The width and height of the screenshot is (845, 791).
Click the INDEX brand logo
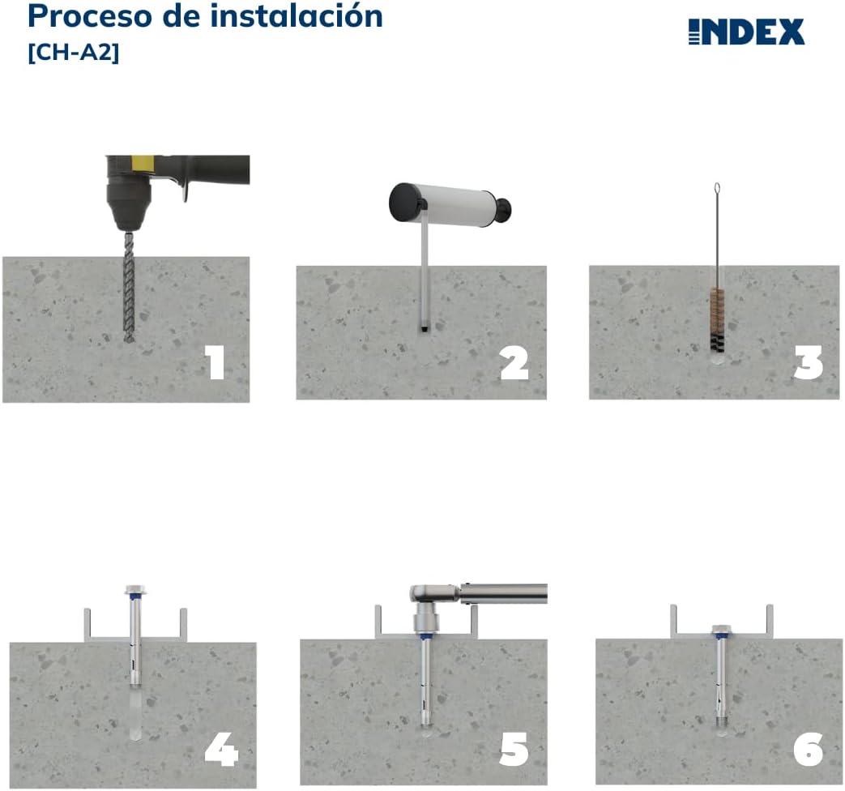(746, 32)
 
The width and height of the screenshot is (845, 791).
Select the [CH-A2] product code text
(74, 53)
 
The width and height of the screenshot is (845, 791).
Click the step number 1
(215, 362)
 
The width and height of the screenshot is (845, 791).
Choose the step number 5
(514, 750)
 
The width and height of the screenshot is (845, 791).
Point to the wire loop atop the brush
(717, 192)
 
